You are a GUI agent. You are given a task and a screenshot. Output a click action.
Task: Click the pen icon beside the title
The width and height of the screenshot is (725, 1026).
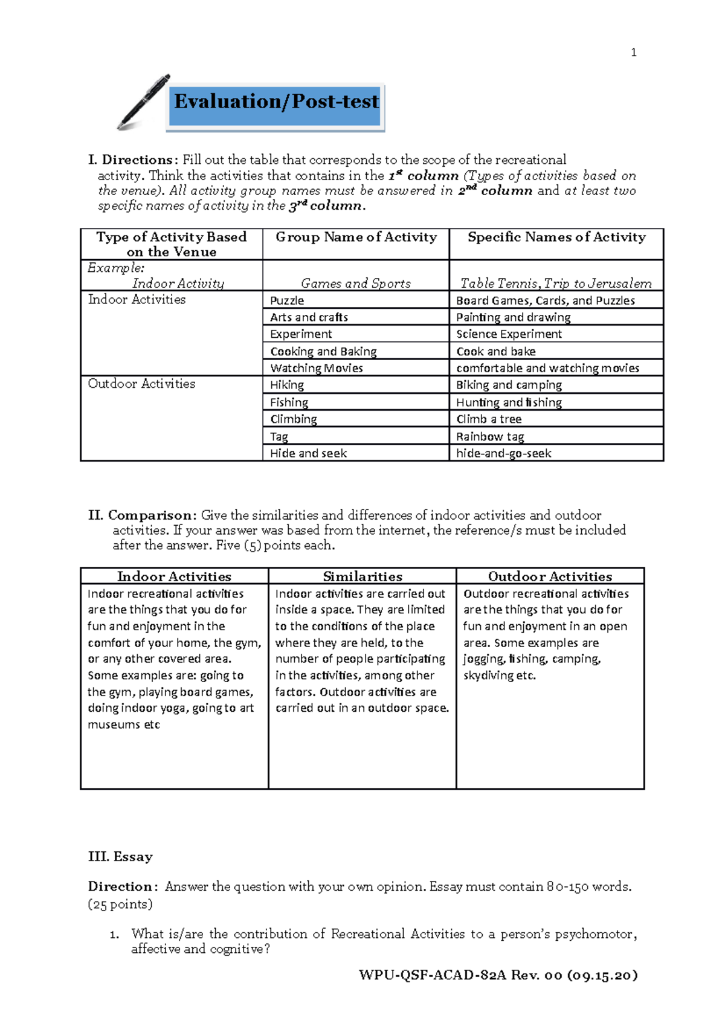click(144, 102)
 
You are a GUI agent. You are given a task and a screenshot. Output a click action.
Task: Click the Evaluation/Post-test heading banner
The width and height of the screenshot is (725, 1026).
click(276, 102)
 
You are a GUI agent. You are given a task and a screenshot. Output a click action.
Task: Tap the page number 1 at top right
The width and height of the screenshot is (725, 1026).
click(633, 53)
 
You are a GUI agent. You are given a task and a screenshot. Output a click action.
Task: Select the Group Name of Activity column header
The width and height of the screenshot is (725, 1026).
click(356, 237)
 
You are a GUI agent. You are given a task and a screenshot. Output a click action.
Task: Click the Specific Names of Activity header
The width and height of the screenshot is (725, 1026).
click(556, 237)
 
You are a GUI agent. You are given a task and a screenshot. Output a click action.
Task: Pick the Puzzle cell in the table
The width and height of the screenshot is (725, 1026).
click(287, 301)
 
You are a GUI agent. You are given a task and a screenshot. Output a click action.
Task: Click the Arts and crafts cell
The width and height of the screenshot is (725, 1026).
click(309, 317)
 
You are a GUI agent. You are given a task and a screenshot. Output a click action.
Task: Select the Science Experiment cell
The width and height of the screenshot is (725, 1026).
click(509, 334)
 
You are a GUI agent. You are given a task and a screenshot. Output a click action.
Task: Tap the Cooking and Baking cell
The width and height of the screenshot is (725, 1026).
click(323, 352)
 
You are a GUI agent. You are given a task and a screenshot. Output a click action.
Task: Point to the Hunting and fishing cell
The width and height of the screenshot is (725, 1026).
click(509, 402)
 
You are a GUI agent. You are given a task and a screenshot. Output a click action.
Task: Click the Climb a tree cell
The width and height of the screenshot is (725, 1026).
click(489, 419)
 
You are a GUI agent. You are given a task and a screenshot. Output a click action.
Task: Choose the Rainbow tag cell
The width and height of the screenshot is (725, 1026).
click(490, 437)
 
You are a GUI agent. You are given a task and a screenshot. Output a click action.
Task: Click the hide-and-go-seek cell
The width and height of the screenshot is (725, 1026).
click(503, 453)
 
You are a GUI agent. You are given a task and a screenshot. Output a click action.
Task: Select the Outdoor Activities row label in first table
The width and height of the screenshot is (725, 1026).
click(141, 384)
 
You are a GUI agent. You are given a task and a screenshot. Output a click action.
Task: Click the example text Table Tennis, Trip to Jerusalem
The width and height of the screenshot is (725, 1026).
click(556, 283)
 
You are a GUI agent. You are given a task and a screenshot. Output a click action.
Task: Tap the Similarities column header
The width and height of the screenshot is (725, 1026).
click(362, 576)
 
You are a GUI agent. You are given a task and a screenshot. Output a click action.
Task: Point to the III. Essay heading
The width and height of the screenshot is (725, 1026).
click(120, 857)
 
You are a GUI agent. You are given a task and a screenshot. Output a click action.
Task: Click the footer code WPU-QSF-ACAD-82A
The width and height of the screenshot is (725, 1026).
click(432, 975)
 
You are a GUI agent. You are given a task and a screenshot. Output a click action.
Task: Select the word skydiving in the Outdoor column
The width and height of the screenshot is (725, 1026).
click(487, 676)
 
